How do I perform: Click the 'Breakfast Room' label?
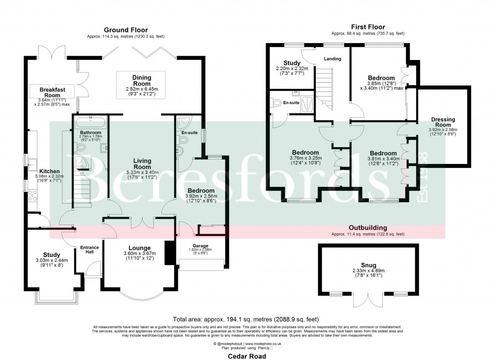(x=52, y=92)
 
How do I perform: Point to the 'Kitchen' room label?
(x=49, y=171)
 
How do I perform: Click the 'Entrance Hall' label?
(x=89, y=250)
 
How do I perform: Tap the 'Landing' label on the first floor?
(x=333, y=59)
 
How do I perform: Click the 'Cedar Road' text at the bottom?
(x=247, y=355)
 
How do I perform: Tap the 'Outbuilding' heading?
(x=367, y=227)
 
